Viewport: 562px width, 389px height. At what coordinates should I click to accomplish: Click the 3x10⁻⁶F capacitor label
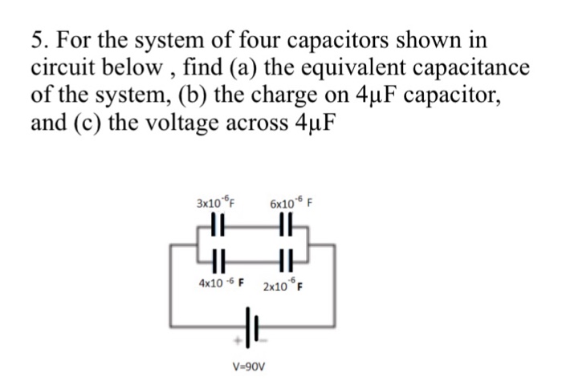[x=219, y=204]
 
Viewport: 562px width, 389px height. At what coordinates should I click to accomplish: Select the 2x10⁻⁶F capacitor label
[x=287, y=286]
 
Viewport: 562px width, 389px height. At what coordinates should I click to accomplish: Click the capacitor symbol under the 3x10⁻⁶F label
[x=215, y=231]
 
